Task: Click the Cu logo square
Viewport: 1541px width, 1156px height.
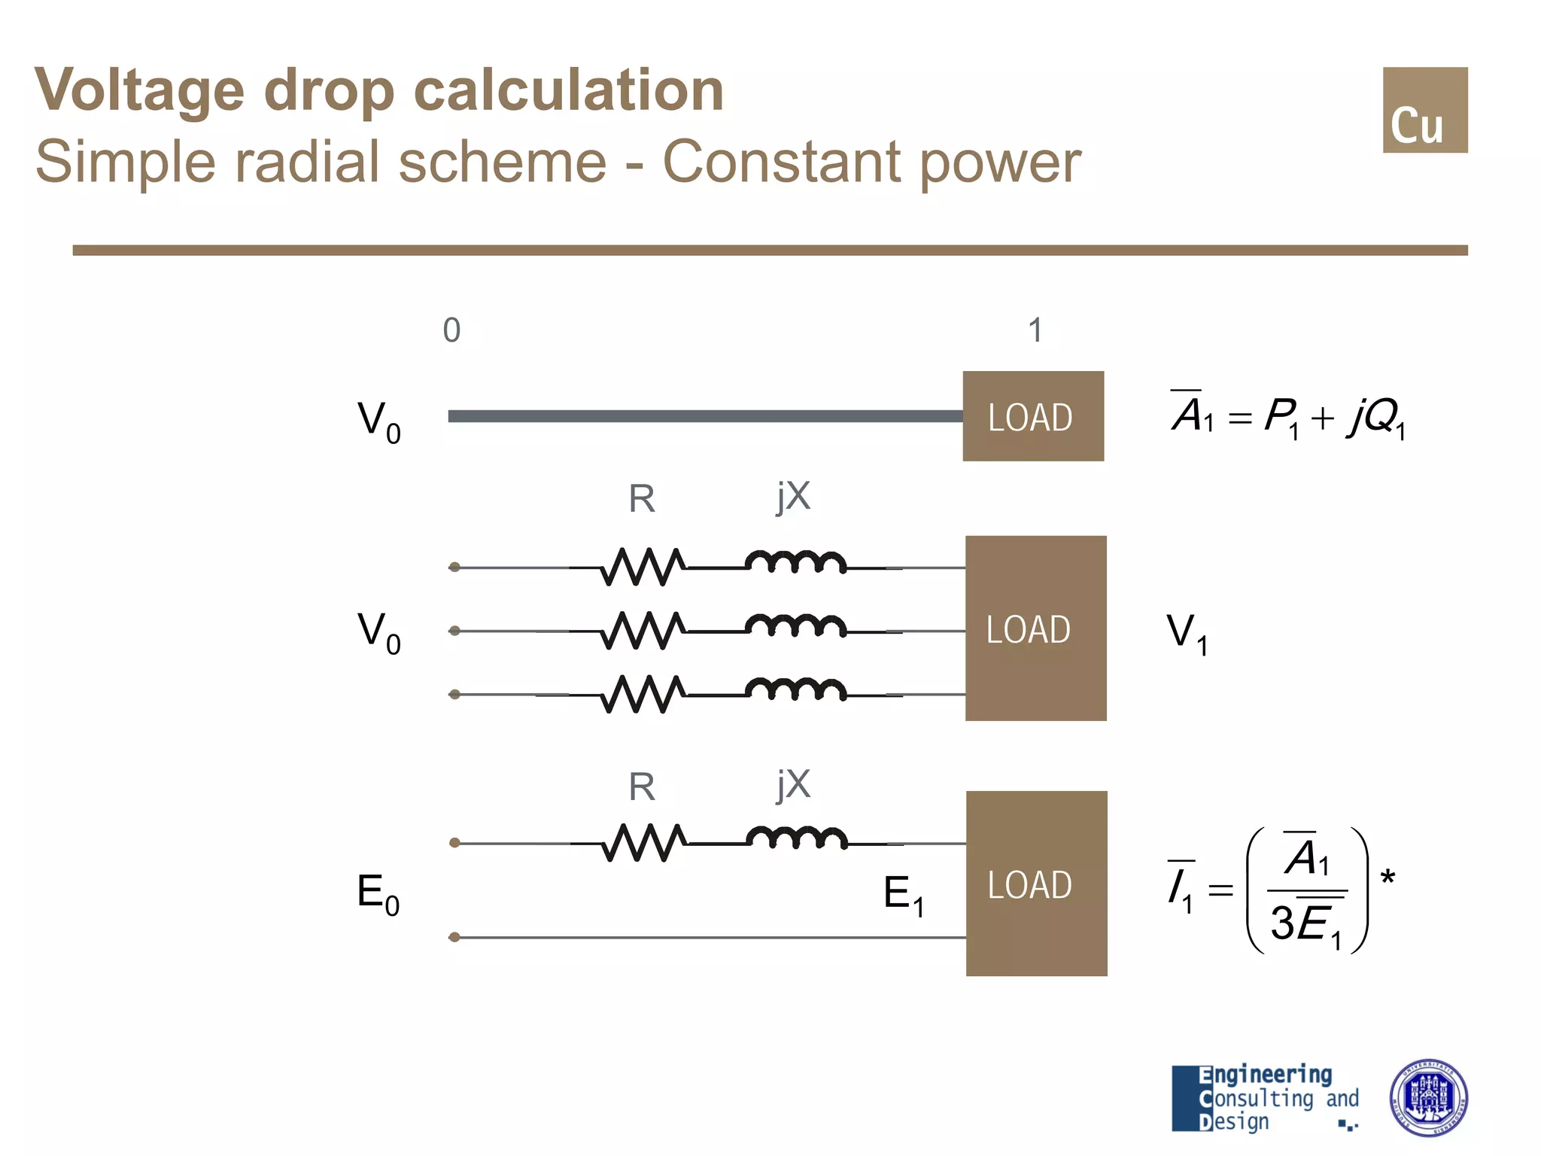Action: point(1424,110)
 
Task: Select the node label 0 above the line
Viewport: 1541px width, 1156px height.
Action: point(451,330)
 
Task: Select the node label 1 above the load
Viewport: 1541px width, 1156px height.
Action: point(1035,330)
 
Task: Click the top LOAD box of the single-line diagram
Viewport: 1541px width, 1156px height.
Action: point(1033,416)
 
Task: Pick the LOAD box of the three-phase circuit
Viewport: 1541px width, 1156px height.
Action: point(1035,628)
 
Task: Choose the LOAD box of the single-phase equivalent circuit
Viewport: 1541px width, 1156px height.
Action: point(1036,884)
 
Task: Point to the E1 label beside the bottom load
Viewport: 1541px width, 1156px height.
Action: point(903,895)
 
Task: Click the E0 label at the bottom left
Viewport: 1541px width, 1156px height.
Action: point(378,894)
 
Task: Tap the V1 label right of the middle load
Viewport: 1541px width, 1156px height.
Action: point(1187,633)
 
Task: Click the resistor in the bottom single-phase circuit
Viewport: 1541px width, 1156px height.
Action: point(643,843)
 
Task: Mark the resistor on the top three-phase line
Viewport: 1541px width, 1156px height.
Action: point(643,567)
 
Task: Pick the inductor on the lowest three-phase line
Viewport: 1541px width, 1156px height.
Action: point(795,689)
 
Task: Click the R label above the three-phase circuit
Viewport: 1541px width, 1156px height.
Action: point(642,499)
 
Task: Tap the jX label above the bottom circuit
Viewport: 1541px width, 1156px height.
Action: point(794,786)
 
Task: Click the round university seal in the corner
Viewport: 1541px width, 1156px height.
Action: point(1427,1097)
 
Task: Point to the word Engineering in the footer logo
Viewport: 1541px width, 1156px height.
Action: point(1265,1075)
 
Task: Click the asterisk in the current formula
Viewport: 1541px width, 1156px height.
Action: point(1388,878)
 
